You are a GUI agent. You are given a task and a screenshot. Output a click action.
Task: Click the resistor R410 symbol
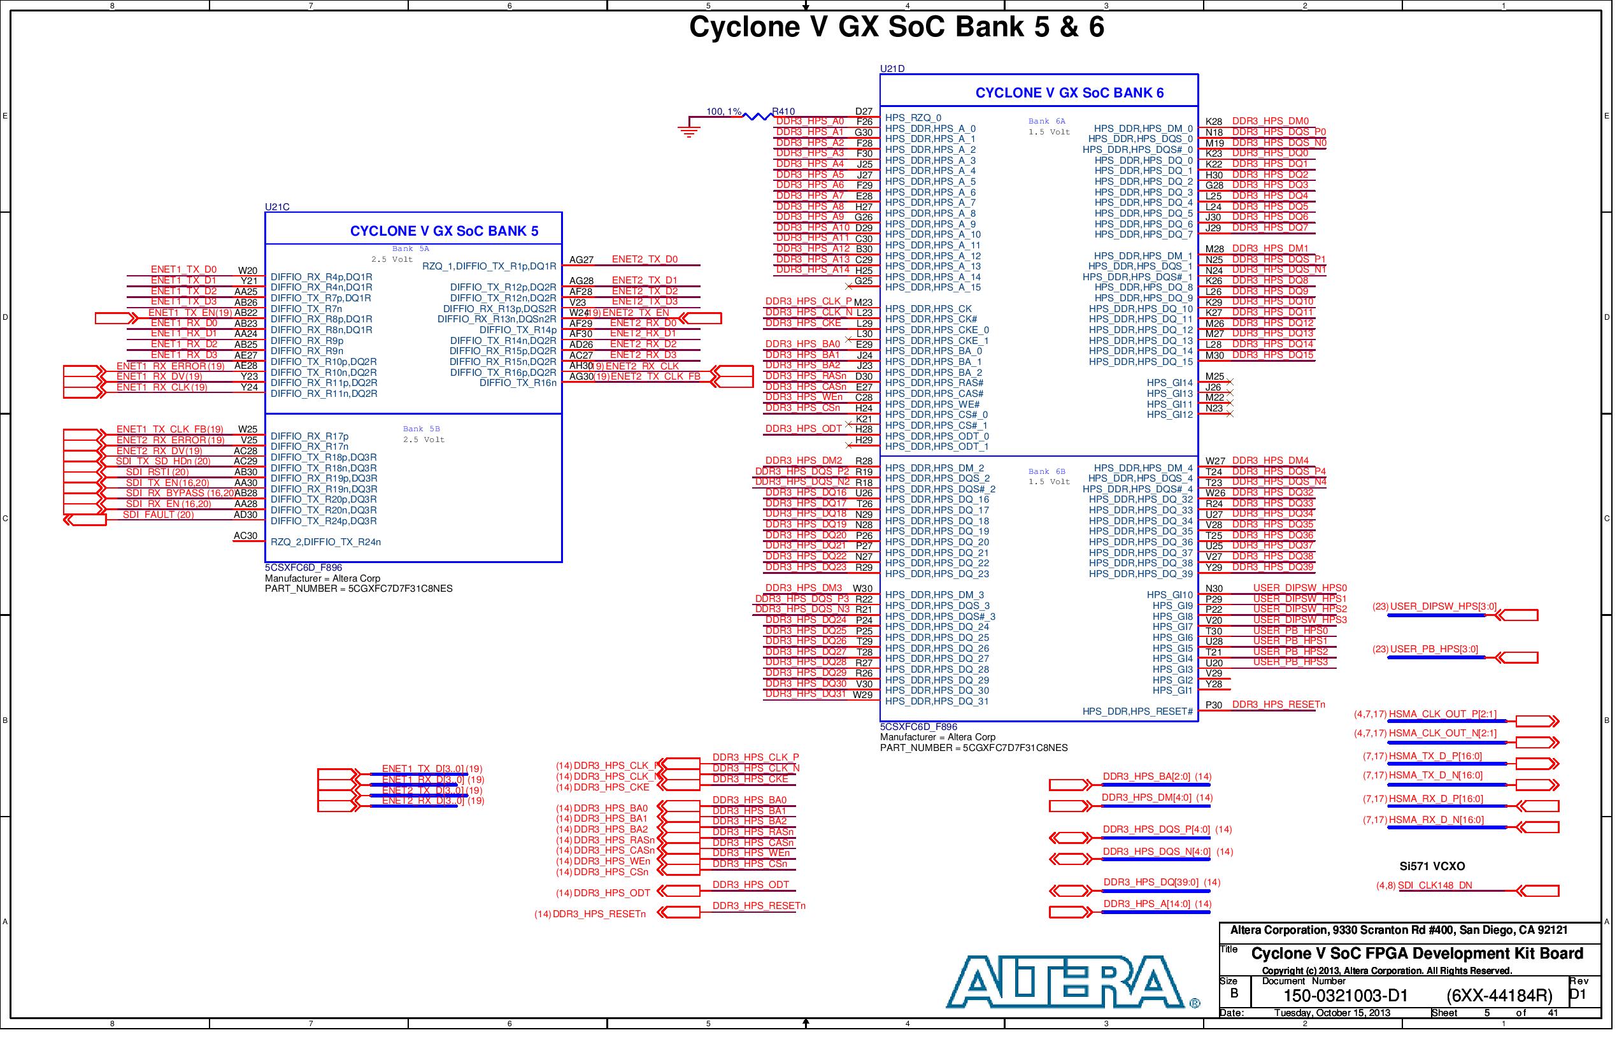(x=758, y=117)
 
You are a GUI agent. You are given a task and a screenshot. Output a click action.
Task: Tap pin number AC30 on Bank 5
(x=247, y=540)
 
